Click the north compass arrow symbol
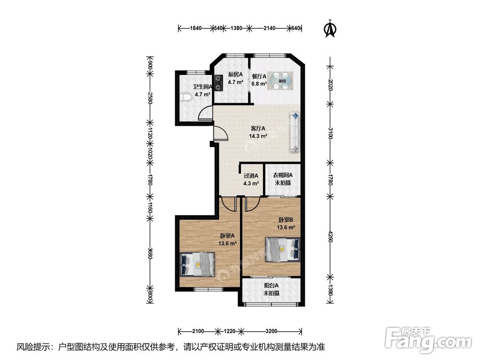330,28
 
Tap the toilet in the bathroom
185,97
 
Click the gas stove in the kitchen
218,83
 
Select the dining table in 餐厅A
280,81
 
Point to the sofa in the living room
295,132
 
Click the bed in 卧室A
197,264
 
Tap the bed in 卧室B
282,250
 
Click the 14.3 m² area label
258,136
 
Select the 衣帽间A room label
283,175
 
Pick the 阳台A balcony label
272,285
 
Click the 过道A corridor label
251,176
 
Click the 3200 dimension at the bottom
271,331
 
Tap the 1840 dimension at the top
196,28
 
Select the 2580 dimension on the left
150,97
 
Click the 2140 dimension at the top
269,28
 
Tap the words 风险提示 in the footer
30,347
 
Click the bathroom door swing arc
204,111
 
